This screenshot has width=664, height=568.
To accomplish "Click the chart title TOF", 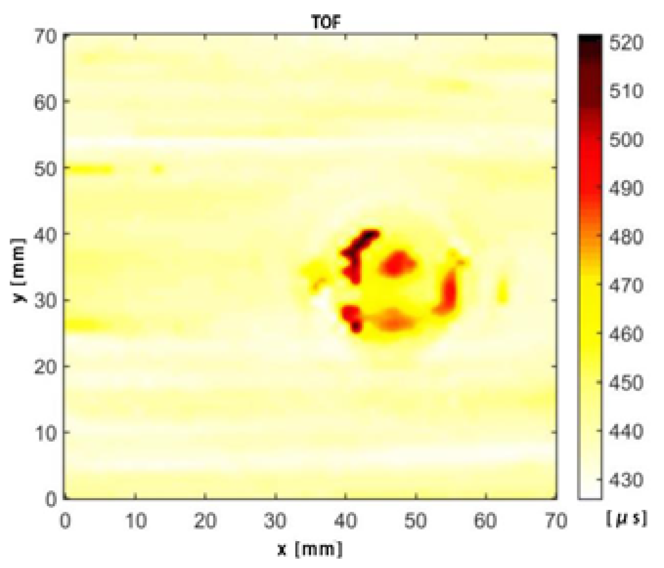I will pyautogui.click(x=326, y=22).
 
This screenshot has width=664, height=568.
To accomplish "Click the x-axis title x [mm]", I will pyautogui.click(x=310, y=549).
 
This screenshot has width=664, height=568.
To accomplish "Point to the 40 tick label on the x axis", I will pyautogui.click(x=345, y=521).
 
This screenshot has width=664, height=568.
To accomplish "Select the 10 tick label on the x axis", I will pyautogui.click(x=135, y=521).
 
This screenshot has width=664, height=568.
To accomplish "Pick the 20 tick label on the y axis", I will pyautogui.click(x=45, y=366).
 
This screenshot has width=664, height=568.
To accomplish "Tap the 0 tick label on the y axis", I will pyautogui.click(x=51, y=499).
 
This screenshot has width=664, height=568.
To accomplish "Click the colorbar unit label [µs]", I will pyautogui.click(x=627, y=519).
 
